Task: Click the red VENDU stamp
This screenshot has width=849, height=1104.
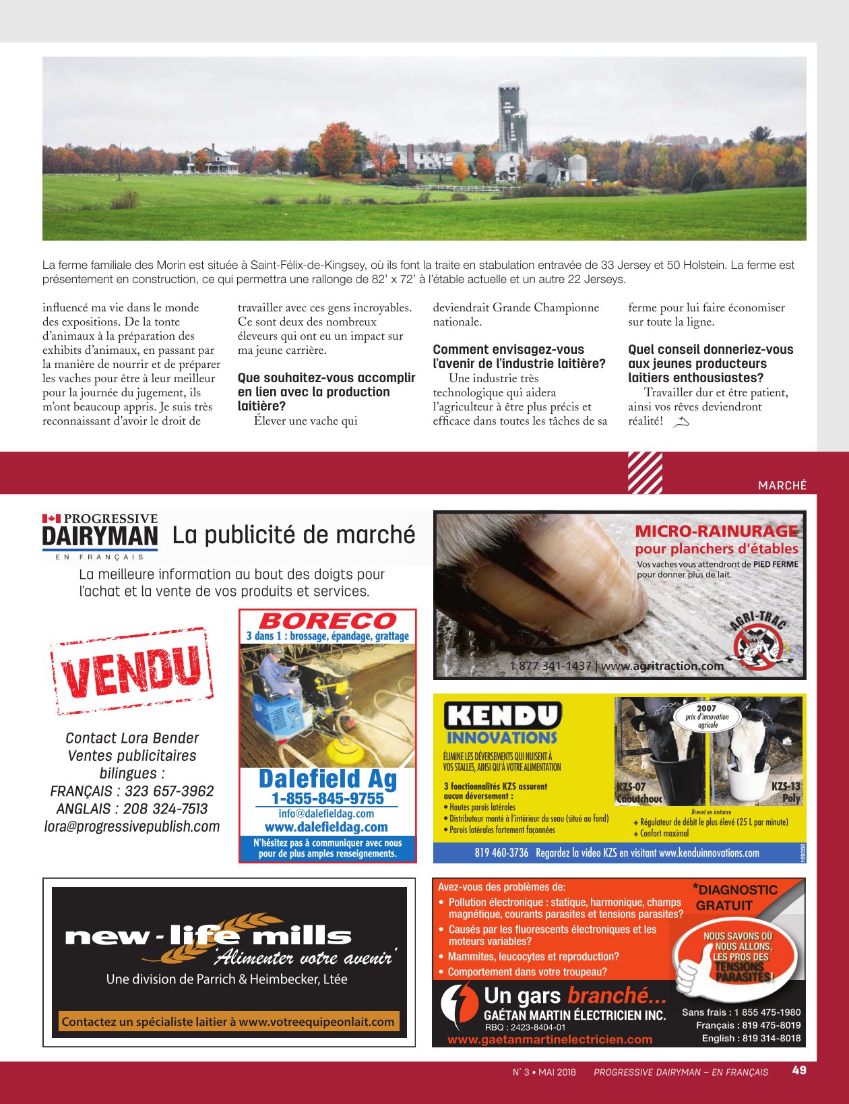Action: (x=131, y=671)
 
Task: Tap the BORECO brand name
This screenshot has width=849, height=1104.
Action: (x=327, y=620)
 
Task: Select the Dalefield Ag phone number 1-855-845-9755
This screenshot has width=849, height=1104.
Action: (x=327, y=799)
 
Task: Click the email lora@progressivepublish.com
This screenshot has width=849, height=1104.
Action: (x=132, y=826)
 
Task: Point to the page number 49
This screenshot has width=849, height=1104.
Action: (x=799, y=1070)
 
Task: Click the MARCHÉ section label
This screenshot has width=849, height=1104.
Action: (x=782, y=485)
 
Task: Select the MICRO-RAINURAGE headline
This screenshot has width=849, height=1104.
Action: (x=716, y=531)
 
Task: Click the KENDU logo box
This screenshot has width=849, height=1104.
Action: (x=503, y=715)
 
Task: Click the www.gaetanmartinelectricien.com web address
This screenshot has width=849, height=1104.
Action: (x=550, y=1039)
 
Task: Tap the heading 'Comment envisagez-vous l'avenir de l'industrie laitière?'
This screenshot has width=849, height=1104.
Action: (x=519, y=357)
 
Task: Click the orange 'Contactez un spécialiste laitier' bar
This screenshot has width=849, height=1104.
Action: (x=228, y=1022)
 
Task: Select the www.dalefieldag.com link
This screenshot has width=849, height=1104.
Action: (x=326, y=827)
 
